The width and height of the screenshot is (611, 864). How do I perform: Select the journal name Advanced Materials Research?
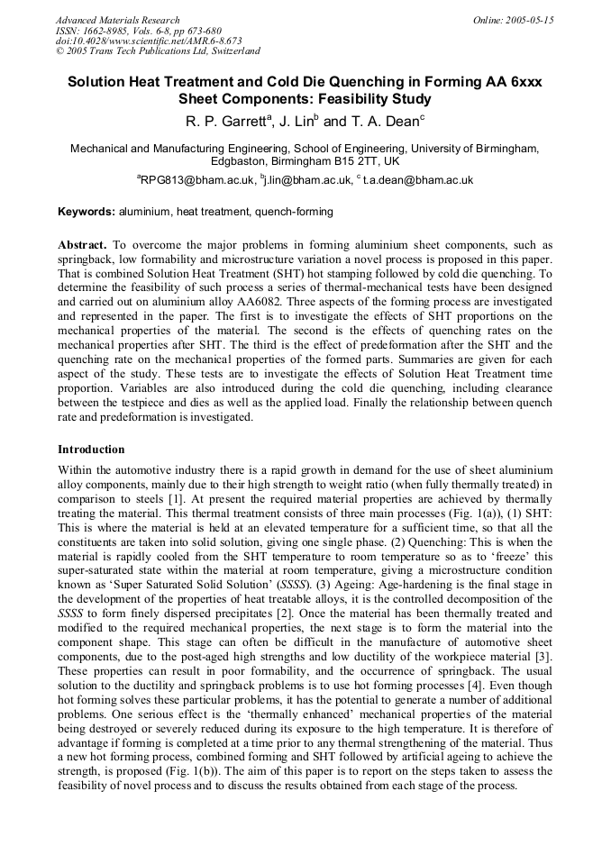117,20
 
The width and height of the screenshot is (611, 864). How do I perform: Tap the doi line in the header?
148,41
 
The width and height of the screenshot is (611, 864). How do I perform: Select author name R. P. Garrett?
226,121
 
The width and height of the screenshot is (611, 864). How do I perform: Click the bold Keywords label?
87,212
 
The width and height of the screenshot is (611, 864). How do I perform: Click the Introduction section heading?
91,449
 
